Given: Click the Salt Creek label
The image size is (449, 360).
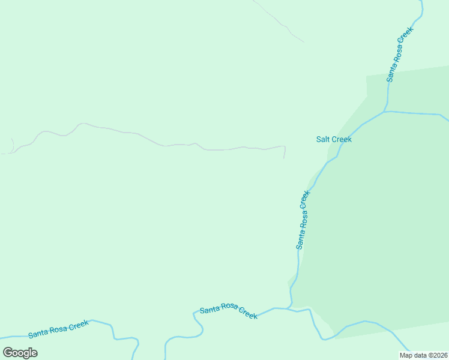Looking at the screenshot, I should [x=334, y=139].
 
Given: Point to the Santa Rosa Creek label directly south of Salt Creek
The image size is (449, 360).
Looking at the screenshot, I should [x=303, y=220].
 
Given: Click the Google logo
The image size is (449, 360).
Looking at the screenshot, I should [x=20, y=352].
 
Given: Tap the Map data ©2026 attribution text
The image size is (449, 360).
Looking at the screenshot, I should [x=423, y=355].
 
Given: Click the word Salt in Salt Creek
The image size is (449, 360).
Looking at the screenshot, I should [x=323, y=139].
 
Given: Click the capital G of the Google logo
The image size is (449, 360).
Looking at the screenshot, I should [x=8, y=352].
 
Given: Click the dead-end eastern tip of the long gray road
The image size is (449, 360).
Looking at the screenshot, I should [x=284, y=158].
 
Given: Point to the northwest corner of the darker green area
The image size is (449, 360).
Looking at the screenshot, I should [x=367, y=77].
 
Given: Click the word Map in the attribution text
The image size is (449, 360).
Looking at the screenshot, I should [x=406, y=355].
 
